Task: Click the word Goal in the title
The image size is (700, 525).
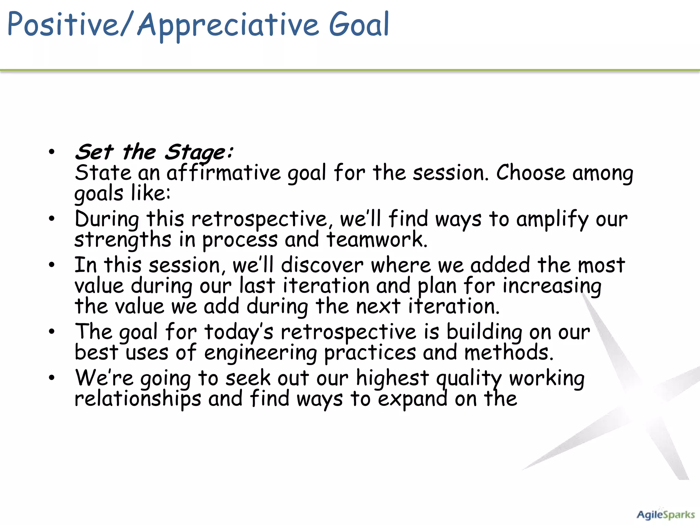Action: click(359, 25)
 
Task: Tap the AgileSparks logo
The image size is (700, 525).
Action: click(665, 515)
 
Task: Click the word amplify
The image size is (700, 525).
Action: click(552, 219)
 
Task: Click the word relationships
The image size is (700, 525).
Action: click(138, 399)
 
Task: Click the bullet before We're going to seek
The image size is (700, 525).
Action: click(52, 378)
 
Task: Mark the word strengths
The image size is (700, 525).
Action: click(123, 240)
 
